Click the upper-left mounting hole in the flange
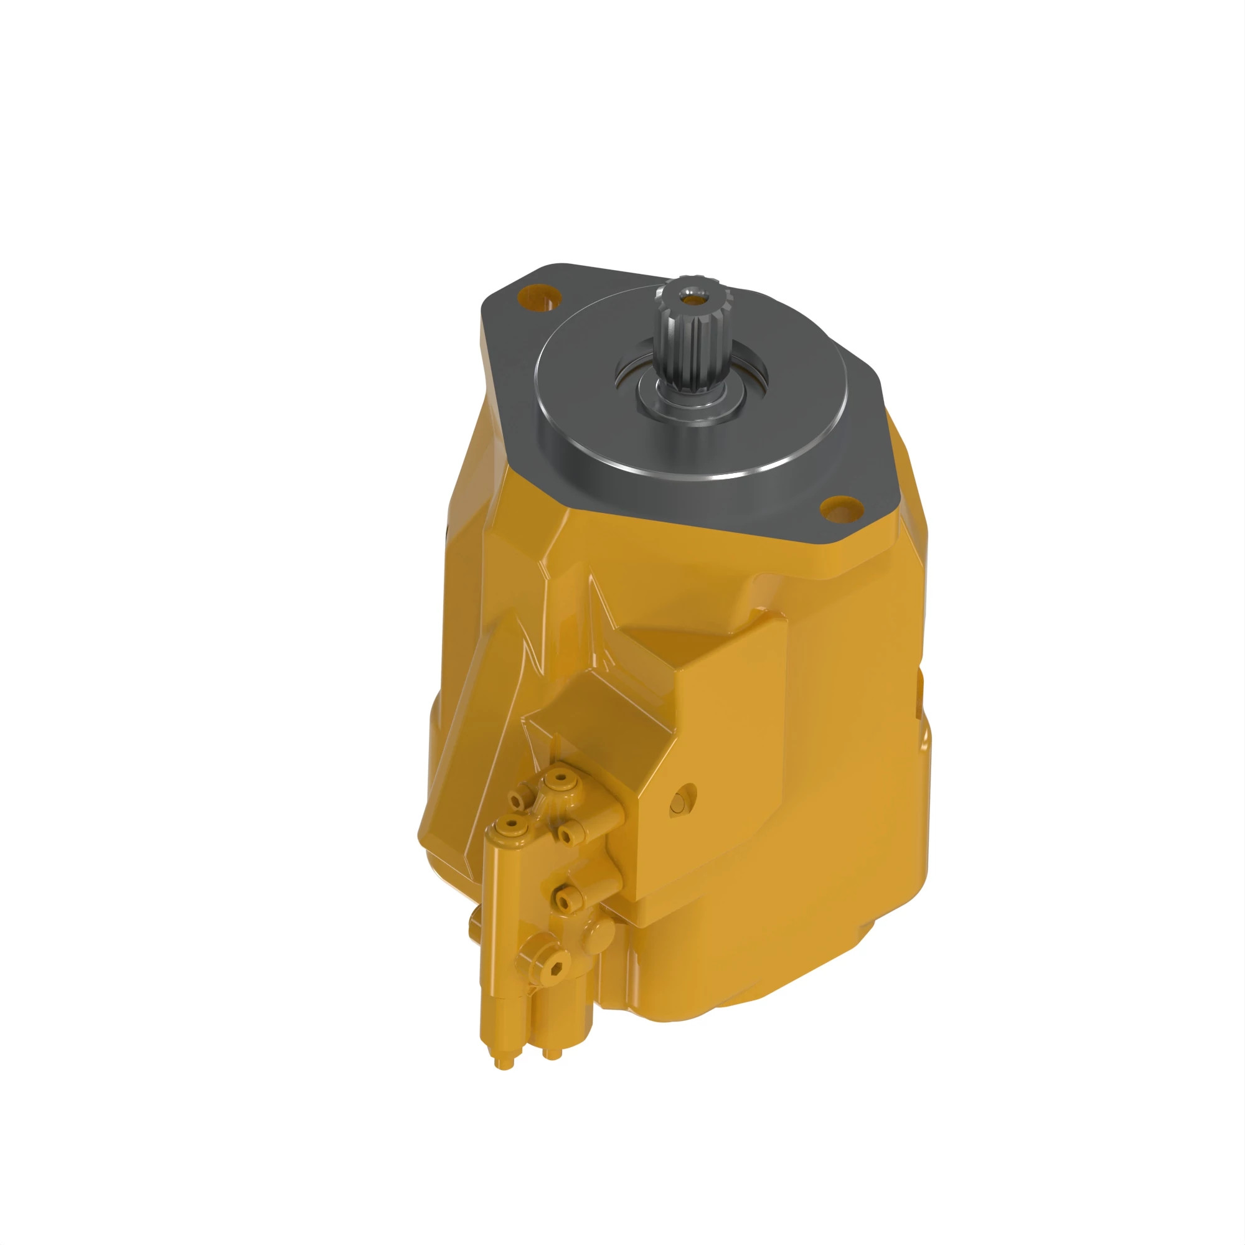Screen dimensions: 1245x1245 pos(537,297)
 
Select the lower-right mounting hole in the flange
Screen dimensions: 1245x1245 pos(840,509)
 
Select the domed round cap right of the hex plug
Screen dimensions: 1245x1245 pos(599,934)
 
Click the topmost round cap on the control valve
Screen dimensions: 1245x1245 pos(561,780)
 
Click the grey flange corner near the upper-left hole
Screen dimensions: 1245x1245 pos(509,283)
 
